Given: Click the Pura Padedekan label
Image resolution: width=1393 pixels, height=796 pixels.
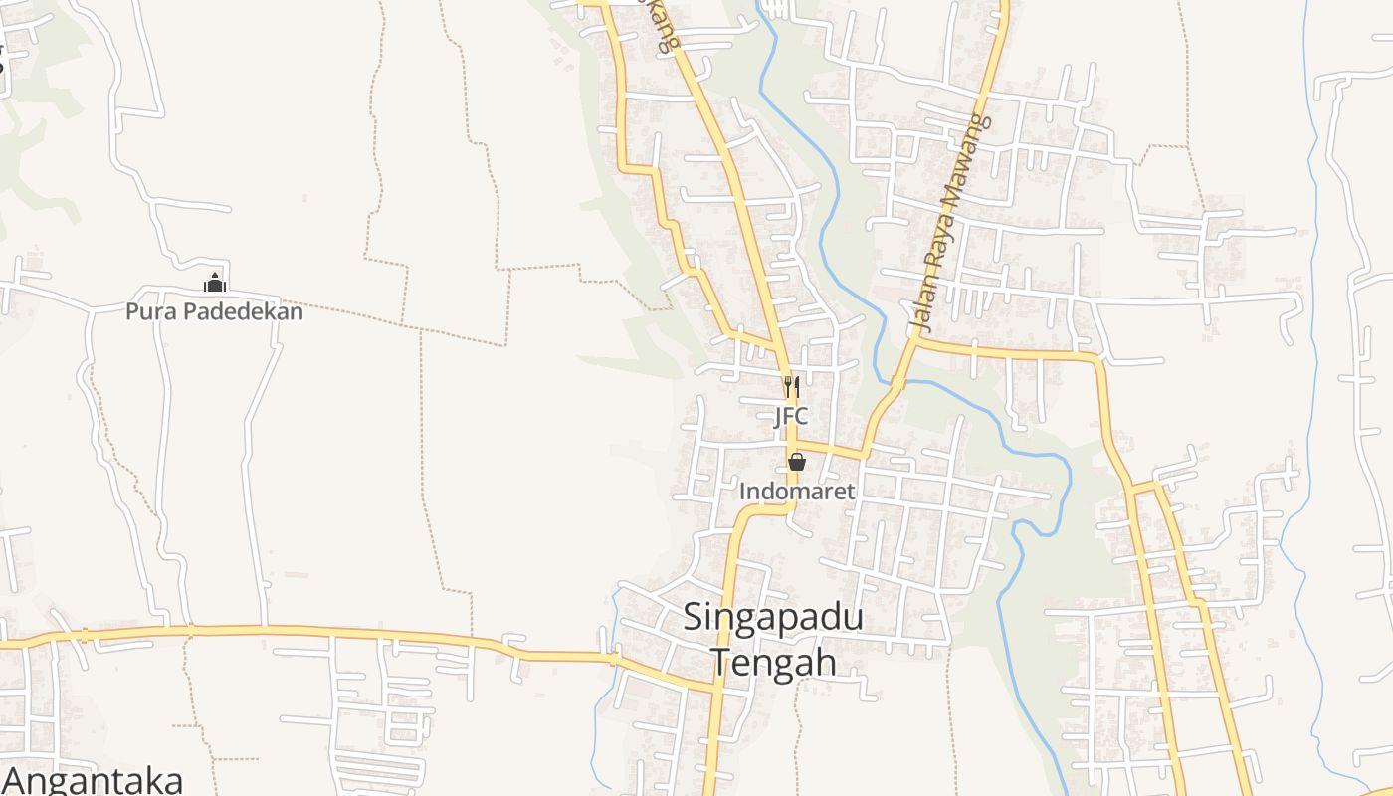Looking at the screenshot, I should click(x=214, y=312).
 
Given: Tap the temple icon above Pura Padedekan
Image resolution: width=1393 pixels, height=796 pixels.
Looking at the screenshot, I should click(x=214, y=283).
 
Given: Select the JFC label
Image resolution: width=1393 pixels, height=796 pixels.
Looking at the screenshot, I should click(x=791, y=416).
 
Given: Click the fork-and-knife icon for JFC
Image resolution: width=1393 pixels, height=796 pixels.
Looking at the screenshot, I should click(x=791, y=387).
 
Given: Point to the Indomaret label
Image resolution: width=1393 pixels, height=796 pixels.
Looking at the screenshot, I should click(x=797, y=492).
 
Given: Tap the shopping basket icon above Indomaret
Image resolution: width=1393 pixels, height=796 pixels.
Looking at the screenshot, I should click(x=797, y=462).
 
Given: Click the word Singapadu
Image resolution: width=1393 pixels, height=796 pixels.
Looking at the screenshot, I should click(x=773, y=618).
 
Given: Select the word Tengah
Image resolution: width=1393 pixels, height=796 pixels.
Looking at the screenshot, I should click(x=773, y=662).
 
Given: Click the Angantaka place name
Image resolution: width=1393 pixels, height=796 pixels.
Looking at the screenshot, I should click(x=93, y=779).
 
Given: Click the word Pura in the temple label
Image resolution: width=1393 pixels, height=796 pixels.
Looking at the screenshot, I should click(x=143, y=312).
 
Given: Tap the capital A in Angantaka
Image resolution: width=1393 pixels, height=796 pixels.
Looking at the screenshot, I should click(x=16, y=779).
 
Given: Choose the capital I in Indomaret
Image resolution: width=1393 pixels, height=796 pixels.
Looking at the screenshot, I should click(x=742, y=492).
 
